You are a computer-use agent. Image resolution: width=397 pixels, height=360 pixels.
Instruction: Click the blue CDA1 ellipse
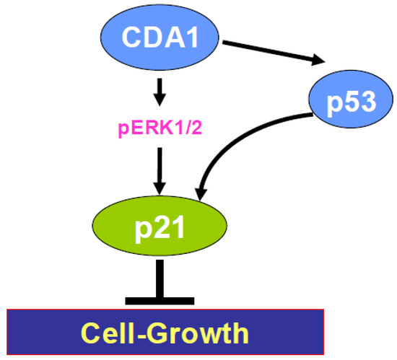click(160, 37)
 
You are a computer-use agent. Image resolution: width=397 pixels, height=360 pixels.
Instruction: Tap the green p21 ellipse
click(160, 230)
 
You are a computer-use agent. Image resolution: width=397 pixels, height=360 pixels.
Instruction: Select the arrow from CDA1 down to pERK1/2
click(160, 89)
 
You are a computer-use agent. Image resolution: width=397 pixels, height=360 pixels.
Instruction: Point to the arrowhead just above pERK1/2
click(160, 100)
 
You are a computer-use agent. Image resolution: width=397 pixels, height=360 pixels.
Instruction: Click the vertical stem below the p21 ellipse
click(160, 278)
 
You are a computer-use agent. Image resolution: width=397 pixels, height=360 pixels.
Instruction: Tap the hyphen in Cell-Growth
click(144, 334)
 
